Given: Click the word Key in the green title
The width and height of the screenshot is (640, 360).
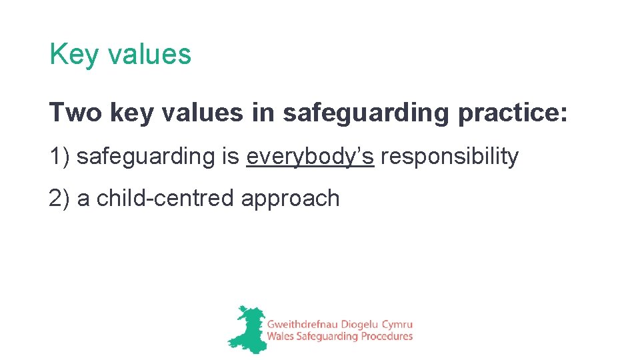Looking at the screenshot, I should (69, 55).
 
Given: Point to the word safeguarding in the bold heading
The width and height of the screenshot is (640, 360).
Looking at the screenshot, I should (366, 113).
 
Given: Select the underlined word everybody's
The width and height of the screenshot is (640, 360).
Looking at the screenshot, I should (310, 157).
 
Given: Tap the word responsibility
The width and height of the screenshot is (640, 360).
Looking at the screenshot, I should (449, 157).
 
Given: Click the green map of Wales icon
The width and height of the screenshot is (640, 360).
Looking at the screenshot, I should (244, 328).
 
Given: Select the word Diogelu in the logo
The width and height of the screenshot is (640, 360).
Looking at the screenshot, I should (356, 323).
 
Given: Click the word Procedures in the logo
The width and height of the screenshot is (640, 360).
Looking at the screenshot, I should (387, 337).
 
